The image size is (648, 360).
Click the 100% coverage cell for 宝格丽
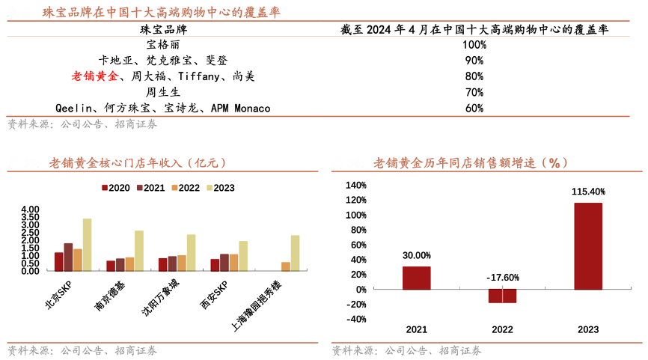[474, 45]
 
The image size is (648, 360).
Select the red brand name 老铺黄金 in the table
[94, 76]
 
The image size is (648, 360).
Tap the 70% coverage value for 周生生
[474, 92]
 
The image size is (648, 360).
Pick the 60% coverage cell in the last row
[474, 109]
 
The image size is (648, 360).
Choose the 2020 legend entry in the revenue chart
[115, 188]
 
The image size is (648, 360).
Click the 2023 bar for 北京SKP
[88, 245]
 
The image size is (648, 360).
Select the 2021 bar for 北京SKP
[68, 257]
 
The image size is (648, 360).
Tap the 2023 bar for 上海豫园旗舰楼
[295, 253]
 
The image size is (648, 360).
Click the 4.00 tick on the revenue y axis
[30, 210]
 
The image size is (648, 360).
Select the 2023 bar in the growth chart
[588, 246]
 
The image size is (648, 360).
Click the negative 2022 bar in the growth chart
[502, 296]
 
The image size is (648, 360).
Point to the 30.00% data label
[416, 255]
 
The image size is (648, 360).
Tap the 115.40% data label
[588, 192]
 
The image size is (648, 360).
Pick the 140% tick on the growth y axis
[356, 186]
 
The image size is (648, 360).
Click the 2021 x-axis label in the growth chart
[416, 329]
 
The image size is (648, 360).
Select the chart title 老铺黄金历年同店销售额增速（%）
[471, 162]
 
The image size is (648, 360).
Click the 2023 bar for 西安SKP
[243, 256]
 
